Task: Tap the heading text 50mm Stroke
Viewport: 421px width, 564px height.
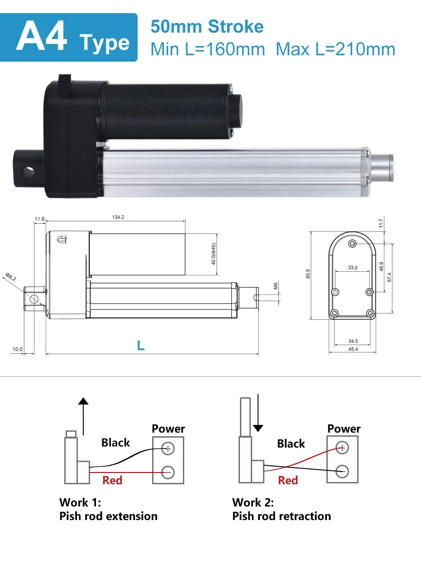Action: (x=207, y=26)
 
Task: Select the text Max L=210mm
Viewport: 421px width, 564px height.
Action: (x=335, y=49)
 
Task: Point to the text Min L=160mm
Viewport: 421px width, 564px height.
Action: (x=207, y=49)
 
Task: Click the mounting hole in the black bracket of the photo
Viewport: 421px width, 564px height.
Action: (x=29, y=173)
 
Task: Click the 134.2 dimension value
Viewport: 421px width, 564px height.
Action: (x=118, y=217)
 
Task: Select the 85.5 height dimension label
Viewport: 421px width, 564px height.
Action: (x=308, y=275)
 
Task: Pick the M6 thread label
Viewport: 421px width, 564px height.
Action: (x=275, y=285)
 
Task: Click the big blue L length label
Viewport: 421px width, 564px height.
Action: (x=141, y=346)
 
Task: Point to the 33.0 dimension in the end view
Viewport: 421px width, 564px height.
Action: (x=353, y=268)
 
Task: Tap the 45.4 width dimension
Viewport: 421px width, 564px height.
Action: (x=353, y=349)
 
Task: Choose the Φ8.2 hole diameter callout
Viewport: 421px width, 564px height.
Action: (x=11, y=277)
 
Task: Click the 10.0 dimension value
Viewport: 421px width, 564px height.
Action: (x=17, y=349)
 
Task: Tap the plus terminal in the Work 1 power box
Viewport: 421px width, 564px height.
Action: (x=168, y=448)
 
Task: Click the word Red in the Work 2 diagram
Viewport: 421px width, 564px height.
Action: (x=288, y=480)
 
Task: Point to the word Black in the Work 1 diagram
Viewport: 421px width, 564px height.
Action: (x=115, y=443)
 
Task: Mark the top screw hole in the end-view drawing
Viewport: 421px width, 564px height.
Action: (x=352, y=244)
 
